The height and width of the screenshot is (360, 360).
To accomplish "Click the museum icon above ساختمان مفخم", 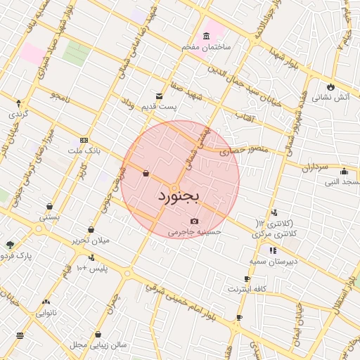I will click(206, 36).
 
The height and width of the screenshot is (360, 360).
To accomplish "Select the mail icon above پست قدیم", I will click(160, 96).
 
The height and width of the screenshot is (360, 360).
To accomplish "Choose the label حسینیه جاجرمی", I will click(194, 231).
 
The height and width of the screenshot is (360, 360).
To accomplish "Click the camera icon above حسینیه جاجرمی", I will click(195, 221).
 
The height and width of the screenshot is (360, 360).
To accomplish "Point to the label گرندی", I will click(18, 113).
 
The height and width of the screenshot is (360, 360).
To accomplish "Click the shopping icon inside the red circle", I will click(146, 173).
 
